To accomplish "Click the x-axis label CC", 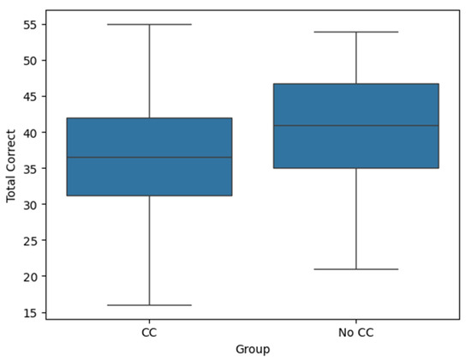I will [149, 331].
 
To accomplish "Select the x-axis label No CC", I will [355, 331].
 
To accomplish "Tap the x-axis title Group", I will [253, 348].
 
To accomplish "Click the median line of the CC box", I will [149, 157].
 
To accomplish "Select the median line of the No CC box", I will [355, 126].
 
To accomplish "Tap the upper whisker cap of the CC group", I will [149, 24].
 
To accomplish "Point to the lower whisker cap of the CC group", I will [149, 305].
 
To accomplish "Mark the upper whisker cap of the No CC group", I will [355, 32].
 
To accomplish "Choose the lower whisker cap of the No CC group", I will [355, 269].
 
